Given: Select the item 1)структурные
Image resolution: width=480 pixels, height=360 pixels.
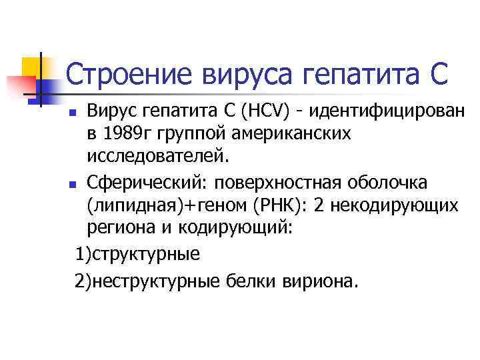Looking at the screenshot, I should tap(137, 254).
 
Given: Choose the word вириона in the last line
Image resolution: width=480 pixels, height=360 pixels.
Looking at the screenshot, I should tap(317, 281).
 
